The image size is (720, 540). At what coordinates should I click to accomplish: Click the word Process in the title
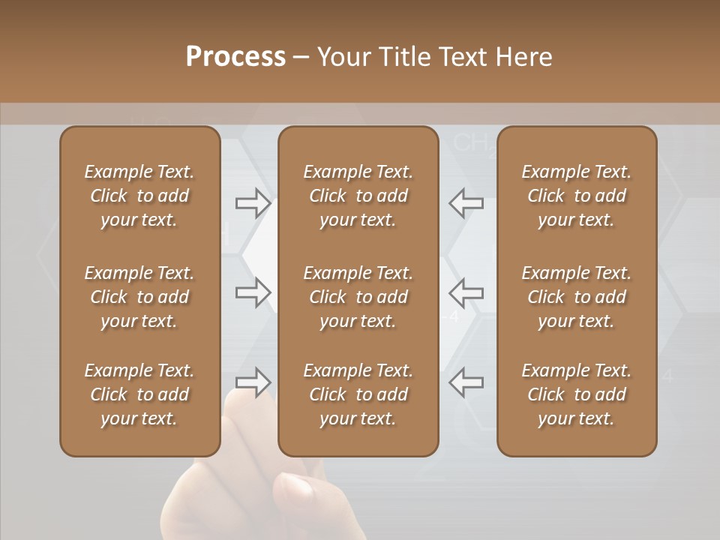235,57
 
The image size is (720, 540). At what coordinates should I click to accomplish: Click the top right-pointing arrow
253,202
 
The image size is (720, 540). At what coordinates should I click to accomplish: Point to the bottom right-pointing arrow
253,382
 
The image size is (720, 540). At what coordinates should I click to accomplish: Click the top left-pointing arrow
466,202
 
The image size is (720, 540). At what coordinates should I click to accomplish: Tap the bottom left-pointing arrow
466,382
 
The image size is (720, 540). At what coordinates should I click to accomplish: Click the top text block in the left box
139,196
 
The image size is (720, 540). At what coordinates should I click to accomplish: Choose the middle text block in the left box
139,297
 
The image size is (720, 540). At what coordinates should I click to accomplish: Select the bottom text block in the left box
139,394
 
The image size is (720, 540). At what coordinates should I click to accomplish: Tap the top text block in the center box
358,196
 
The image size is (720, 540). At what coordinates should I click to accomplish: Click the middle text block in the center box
358,297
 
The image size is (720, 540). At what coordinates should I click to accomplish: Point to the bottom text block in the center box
358,394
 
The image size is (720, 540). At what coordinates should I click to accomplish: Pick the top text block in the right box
576,196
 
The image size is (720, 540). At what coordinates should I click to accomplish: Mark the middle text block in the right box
576,297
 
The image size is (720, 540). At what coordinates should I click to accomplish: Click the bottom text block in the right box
576,394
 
